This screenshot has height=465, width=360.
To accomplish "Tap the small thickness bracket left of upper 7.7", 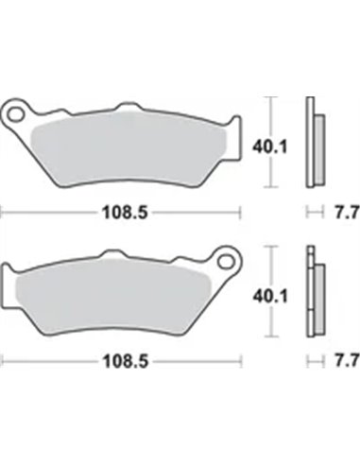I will (x=313, y=213).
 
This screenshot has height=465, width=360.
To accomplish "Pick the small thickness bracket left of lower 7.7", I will (x=313, y=359).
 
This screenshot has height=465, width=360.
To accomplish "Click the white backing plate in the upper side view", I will (x=309, y=142).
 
